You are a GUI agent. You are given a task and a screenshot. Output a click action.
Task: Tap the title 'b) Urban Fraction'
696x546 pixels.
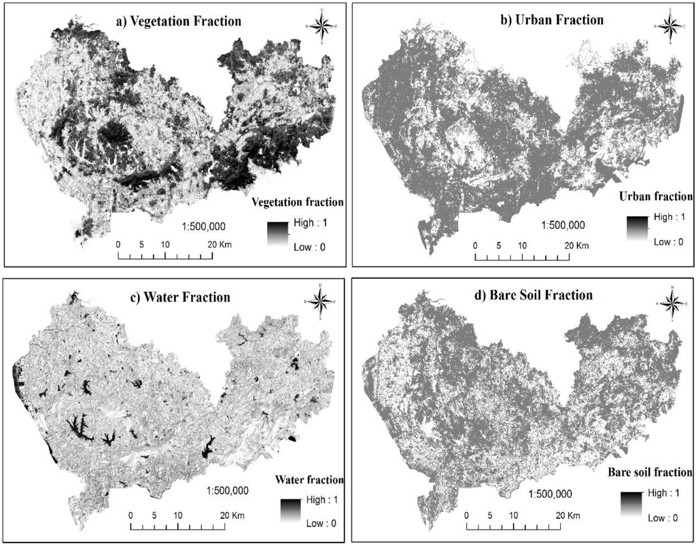551,20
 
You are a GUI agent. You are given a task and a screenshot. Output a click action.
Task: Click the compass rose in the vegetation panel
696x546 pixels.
324,27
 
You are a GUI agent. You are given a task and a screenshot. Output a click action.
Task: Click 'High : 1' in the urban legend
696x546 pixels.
657,217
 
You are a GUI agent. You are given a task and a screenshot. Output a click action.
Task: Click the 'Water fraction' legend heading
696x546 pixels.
309,480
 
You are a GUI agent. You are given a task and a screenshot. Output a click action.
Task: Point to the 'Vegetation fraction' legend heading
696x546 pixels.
297,203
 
